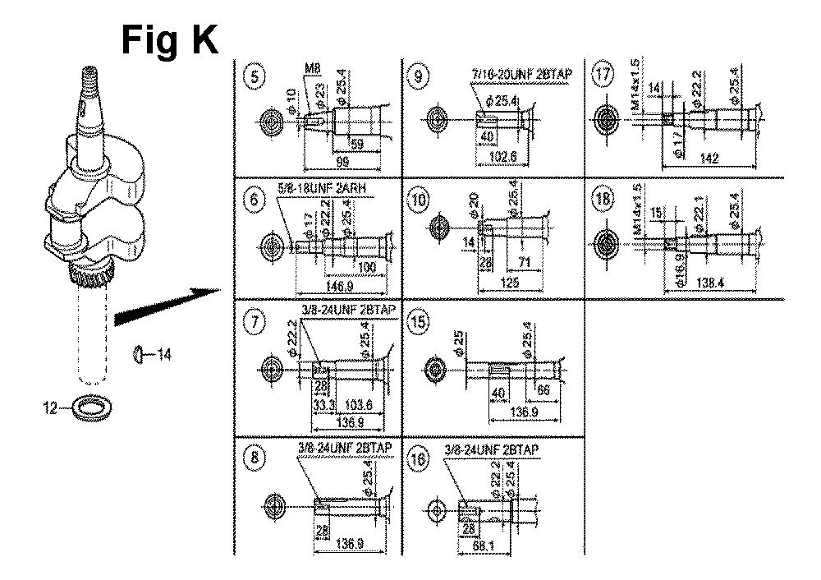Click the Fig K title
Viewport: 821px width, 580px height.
coord(170,39)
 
